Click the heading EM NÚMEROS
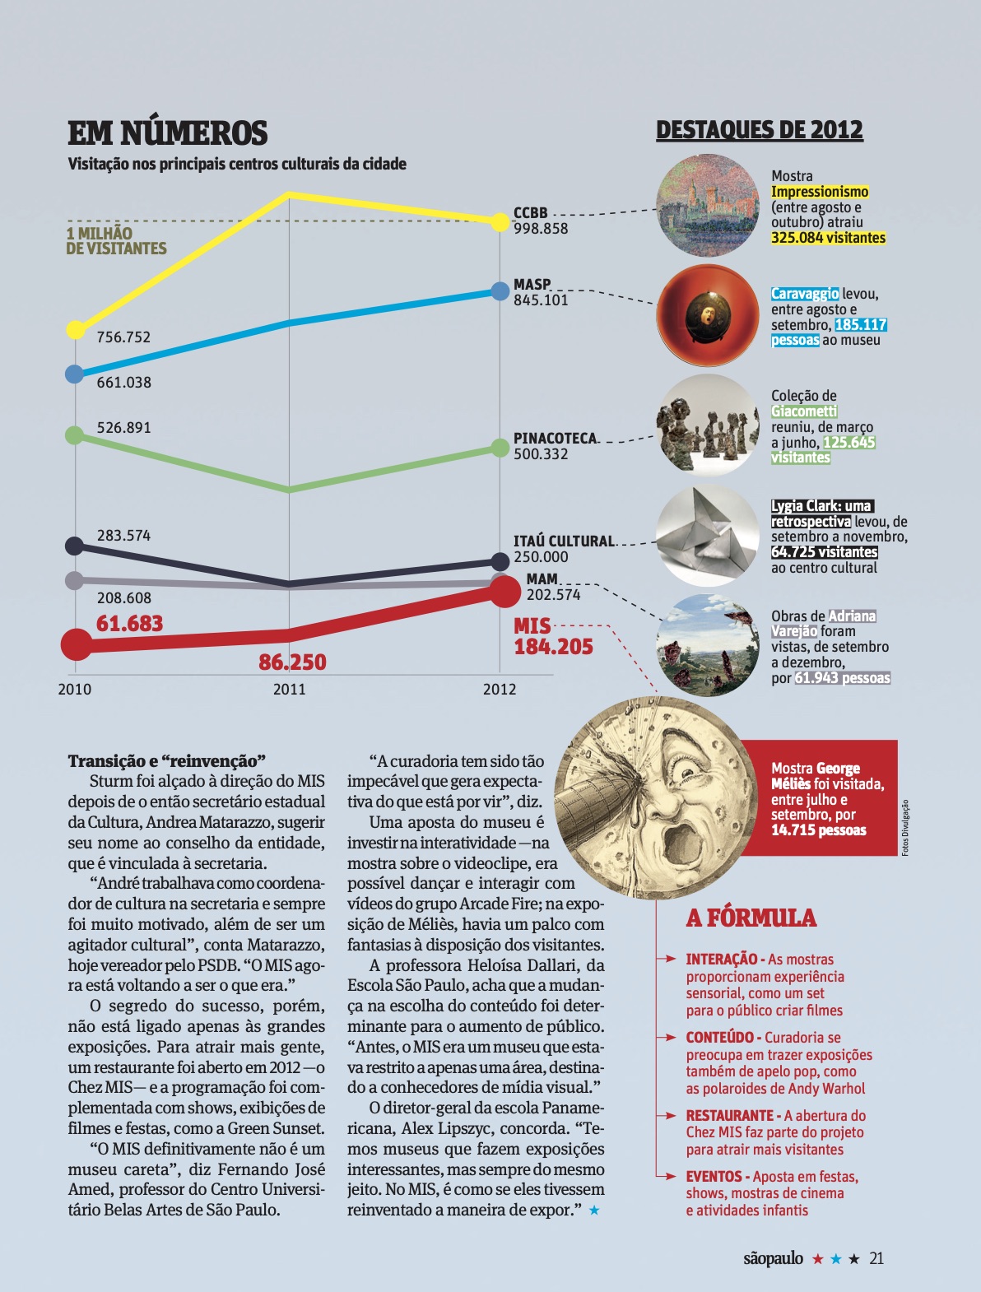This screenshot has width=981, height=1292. tap(167, 132)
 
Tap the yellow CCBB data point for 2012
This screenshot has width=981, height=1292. tap(500, 221)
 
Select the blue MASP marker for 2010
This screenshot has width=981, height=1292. tap(74, 374)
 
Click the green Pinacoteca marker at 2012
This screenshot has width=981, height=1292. tap(500, 448)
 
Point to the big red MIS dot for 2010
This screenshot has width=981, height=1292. tap(76, 645)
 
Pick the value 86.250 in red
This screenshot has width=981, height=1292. tap(292, 662)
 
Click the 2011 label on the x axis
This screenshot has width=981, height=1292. tap(289, 690)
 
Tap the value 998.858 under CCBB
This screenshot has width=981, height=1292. tap(541, 229)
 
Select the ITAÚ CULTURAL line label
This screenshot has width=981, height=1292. tap(564, 541)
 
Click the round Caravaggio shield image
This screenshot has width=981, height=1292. tap(707, 315)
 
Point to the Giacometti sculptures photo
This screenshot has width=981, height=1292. tap(707, 425)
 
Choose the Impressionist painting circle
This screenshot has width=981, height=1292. tap(707, 206)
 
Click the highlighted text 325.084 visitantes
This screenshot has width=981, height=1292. tap(828, 238)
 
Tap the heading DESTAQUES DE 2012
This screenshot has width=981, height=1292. tap(759, 130)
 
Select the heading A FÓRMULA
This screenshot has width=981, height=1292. tap(751, 918)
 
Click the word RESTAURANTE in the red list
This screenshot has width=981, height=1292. tap(729, 1115)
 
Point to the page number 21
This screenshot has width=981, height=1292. tap(876, 1258)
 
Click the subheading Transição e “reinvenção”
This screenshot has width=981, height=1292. tap(167, 760)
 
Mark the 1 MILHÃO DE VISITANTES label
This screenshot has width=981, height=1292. tap(116, 241)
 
